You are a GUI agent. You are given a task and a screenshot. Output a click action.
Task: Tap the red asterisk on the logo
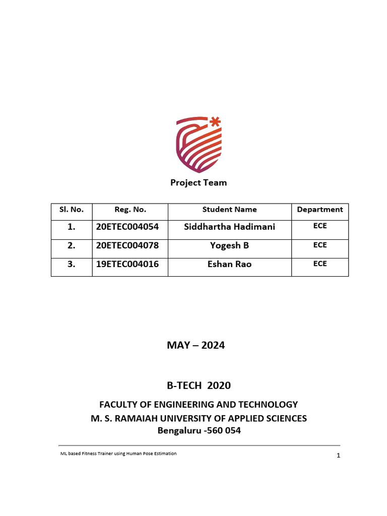click(x=215, y=121)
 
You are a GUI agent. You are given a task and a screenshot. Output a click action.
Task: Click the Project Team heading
click(x=199, y=182)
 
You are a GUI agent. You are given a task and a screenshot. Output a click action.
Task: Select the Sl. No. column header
click(x=72, y=210)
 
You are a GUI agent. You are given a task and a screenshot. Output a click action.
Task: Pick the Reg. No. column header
click(x=130, y=210)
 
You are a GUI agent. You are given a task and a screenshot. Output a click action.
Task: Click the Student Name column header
click(x=229, y=210)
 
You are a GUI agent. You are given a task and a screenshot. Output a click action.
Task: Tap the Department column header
click(x=320, y=210)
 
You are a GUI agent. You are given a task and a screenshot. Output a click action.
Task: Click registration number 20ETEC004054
click(x=127, y=227)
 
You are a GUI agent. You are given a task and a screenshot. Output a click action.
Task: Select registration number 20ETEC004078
click(x=127, y=245)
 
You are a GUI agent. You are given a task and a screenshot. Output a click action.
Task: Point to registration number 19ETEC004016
click(x=127, y=264)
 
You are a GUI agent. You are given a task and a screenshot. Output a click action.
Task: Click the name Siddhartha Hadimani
click(x=230, y=227)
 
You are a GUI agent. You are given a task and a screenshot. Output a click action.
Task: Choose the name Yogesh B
click(x=229, y=245)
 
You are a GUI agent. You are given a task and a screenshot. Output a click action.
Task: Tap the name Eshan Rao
click(x=230, y=264)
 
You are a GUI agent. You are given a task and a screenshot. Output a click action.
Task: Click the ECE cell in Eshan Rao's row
click(x=320, y=264)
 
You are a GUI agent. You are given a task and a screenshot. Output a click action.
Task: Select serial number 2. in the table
click(x=71, y=245)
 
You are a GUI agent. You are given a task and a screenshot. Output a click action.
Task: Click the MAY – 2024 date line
click(x=196, y=346)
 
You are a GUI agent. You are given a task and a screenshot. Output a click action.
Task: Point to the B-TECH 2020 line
click(x=199, y=385)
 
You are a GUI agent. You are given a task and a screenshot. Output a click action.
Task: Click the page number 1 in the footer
click(x=339, y=456)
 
